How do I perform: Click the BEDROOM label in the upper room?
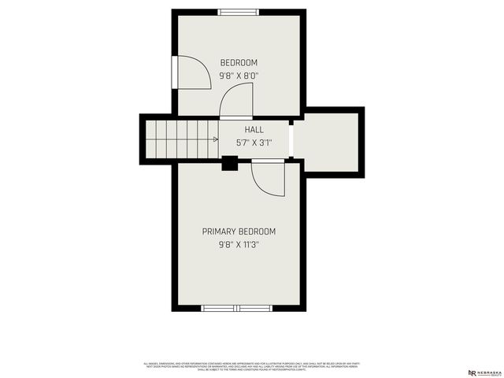[239, 63]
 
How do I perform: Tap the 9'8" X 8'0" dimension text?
[239, 76]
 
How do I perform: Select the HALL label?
[254, 130]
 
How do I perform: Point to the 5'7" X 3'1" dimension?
[254, 143]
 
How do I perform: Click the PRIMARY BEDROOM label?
[239, 232]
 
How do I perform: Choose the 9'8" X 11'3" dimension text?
[239, 245]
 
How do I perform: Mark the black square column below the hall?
[230, 163]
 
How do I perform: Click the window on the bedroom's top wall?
[238, 11]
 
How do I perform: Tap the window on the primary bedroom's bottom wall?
[236, 308]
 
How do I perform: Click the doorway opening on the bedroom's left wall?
[172, 72]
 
